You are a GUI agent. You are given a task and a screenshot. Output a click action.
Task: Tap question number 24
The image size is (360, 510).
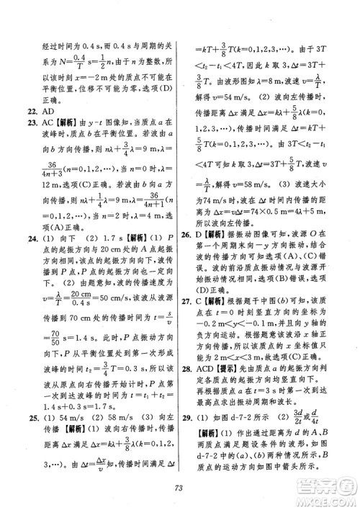pos(27,238)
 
